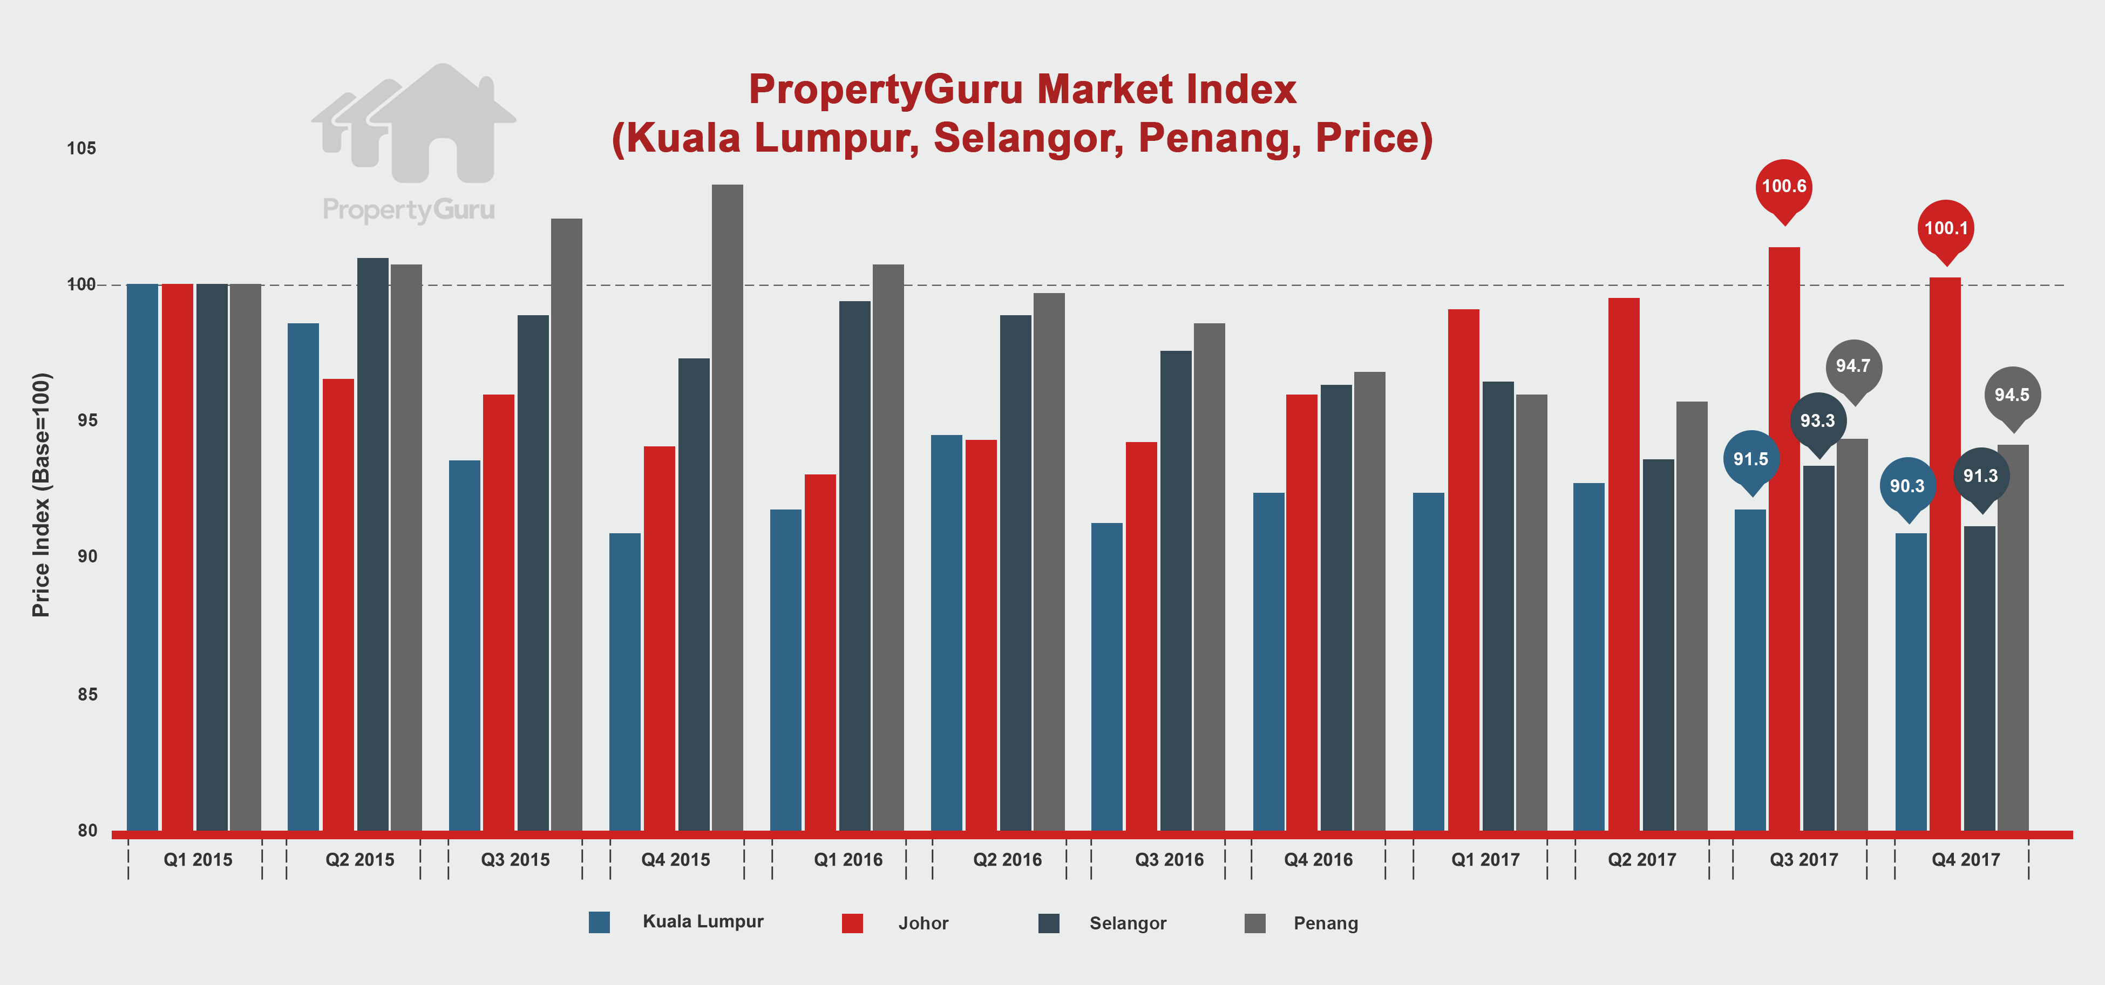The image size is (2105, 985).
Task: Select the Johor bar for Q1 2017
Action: pyautogui.click(x=1464, y=570)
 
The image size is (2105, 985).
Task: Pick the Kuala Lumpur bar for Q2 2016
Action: pyautogui.click(x=946, y=633)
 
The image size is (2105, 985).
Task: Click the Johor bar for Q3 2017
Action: pyautogui.click(x=1784, y=539)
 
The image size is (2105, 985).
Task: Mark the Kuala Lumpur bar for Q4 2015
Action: pyautogui.click(x=625, y=682)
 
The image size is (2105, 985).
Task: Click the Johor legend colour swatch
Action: pyautogui.click(x=852, y=923)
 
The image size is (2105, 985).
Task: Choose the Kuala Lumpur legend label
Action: pyautogui.click(x=703, y=921)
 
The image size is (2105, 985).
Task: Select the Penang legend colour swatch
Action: pyautogui.click(x=1255, y=923)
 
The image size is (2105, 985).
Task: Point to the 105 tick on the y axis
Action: pyautogui.click(x=81, y=148)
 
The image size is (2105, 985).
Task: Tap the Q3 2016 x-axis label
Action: pyautogui.click(x=1169, y=860)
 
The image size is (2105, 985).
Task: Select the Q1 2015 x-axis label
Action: pyautogui.click(x=198, y=860)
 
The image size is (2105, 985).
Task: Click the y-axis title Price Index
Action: pyautogui.click(x=41, y=494)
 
